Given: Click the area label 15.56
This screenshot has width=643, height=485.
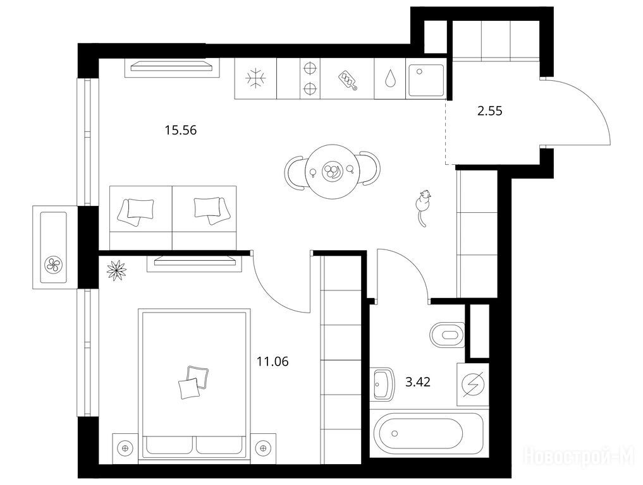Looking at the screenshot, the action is click(x=181, y=130).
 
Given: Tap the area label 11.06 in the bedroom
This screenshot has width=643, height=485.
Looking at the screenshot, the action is click(x=273, y=361).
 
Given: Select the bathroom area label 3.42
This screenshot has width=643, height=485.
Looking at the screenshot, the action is click(x=418, y=382).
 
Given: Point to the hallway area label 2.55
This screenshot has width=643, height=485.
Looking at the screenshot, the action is click(x=489, y=111).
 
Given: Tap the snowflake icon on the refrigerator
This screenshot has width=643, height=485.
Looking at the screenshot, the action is click(x=255, y=78).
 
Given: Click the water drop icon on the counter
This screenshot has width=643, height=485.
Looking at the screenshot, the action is click(x=389, y=78).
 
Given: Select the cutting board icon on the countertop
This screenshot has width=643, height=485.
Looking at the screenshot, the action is click(x=347, y=80).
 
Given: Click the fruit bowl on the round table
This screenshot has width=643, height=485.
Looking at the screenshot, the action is click(x=331, y=171).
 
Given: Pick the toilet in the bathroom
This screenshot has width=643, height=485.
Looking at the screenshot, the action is click(x=447, y=334).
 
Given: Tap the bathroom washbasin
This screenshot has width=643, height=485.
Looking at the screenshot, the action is click(x=384, y=384).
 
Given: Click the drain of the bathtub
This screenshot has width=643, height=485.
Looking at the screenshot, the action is click(x=395, y=433).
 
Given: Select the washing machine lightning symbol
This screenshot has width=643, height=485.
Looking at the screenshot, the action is click(x=473, y=384).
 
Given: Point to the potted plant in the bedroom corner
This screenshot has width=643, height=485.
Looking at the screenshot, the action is click(x=116, y=270).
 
